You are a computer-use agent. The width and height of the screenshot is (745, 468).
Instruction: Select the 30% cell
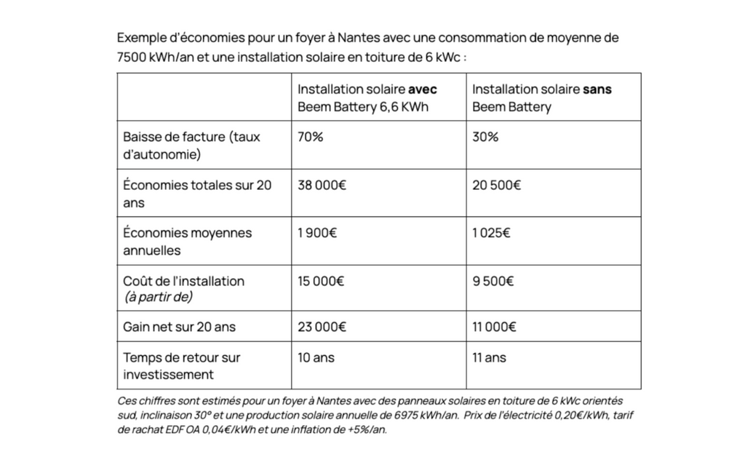pyautogui.click(x=485, y=137)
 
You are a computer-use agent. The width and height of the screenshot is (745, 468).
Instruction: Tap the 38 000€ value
pyautogui.click(x=322, y=185)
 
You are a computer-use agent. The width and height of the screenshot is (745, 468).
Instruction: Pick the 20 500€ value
pyautogui.click(x=496, y=185)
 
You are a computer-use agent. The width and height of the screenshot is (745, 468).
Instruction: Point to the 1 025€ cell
pyautogui.click(x=491, y=233)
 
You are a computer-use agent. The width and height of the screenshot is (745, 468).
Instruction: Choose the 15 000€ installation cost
pyautogui.click(x=321, y=281)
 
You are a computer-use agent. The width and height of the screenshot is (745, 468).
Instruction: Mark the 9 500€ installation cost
pyautogui.click(x=493, y=281)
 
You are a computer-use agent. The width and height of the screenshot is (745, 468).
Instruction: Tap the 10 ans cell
pyautogui.click(x=316, y=358)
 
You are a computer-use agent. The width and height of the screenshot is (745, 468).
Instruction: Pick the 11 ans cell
pyautogui.click(x=489, y=358)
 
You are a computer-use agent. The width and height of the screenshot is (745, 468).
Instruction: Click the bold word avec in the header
pyautogui.click(x=423, y=90)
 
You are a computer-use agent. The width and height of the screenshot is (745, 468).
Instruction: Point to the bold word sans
pyautogui.click(x=597, y=90)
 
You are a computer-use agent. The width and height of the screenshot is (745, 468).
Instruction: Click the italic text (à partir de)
pyautogui.click(x=158, y=297)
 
